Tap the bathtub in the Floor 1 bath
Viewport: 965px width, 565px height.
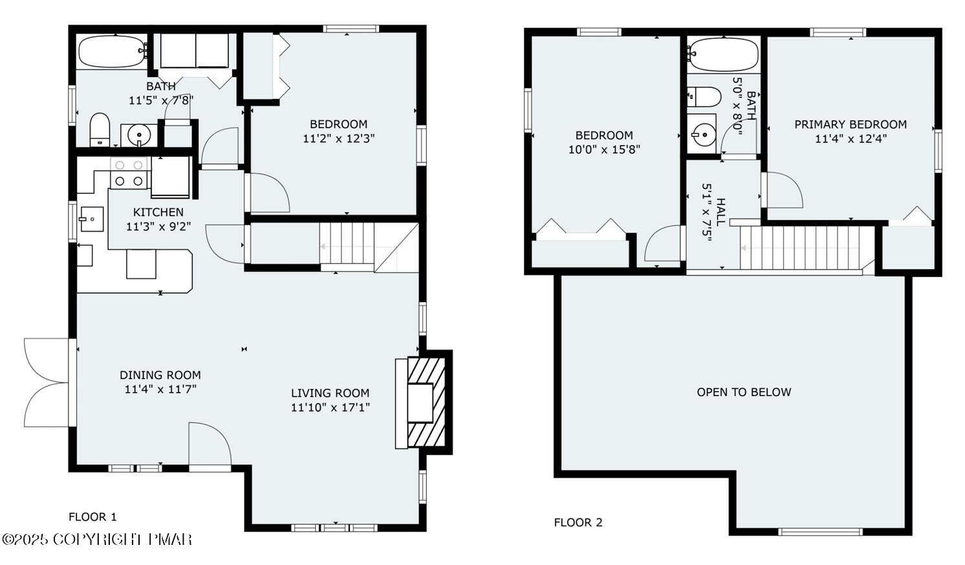112,52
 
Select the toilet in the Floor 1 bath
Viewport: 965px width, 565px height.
99,129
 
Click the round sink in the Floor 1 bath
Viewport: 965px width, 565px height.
139,135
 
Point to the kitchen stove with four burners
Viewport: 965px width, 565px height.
129,173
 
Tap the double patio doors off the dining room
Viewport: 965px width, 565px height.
47,382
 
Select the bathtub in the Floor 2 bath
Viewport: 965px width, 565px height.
723,54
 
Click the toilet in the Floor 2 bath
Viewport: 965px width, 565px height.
704,96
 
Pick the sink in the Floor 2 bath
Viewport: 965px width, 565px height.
701,135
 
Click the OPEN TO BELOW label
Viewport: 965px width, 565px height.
744,392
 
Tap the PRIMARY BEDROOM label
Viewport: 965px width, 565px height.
851,124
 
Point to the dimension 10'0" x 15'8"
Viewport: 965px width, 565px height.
604,150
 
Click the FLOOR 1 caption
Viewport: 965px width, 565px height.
92,516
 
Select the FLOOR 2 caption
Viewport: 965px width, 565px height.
578,522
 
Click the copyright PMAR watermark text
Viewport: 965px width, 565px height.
97,539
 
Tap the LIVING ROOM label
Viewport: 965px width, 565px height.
330,393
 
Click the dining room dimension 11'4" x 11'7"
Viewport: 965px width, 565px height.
160,389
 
